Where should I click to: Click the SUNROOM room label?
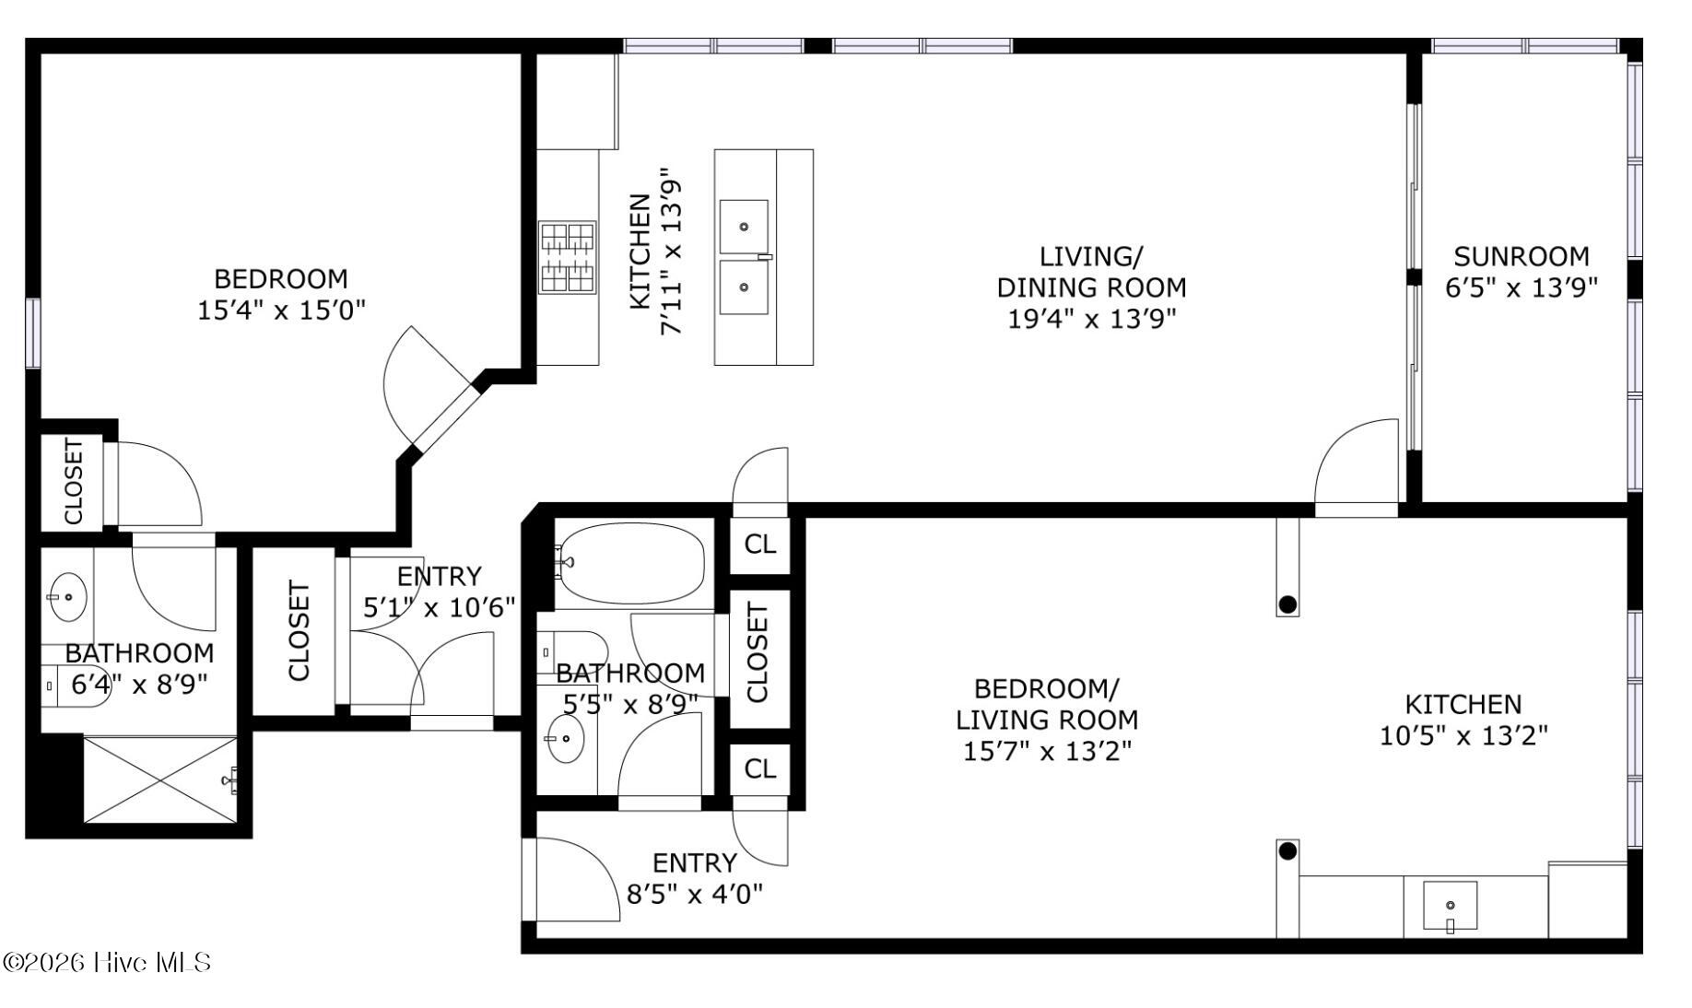pos(1522,256)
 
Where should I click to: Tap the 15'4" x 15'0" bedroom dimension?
pos(282,310)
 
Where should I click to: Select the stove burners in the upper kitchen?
pos(568,257)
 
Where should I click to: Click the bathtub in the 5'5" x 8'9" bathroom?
pos(631,562)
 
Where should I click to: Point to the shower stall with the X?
pos(160,779)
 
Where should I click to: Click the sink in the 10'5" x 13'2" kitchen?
pos(1450,906)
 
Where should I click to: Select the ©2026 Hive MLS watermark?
pos(108,963)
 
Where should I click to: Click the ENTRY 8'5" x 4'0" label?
pos(695,878)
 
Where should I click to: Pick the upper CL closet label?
pos(760,545)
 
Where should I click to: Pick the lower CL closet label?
pos(760,768)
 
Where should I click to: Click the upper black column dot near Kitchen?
pos(1288,604)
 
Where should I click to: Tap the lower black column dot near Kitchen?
pos(1288,850)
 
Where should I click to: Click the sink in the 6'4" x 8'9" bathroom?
pos(67,597)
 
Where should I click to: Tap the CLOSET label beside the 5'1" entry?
pos(299,631)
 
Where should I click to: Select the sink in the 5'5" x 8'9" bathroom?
pos(565,739)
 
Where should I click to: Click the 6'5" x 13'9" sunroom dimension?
pos(1522,288)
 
